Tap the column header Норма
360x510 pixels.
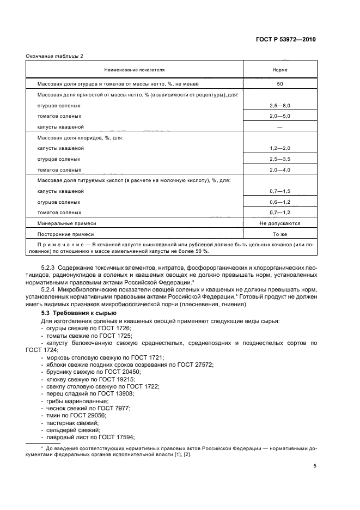pyautogui.click(x=279, y=70)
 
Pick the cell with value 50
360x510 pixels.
pyautogui.click(x=279, y=84)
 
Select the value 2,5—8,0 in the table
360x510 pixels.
pyautogui.click(x=279, y=105)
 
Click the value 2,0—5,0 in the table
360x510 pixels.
pyautogui.click(x=279, y=116)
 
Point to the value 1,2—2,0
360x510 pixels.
pyautogui.click(x=279, y=148)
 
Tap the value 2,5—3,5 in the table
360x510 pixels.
pyautogui.click(x=279, y=159)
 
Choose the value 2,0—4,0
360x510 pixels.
pyautogui.click(x=279, y=169)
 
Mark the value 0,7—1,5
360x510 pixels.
pyautogui.click(x=279, y=191)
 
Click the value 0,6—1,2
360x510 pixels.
pyautogui.click(x=279, y=202)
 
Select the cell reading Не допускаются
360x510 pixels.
pyautogui.click(x=279, y=223)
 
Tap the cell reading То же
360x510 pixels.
pyautogui.click(x=279, y=234)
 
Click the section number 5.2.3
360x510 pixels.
pyautogui.click(x=49, y=268)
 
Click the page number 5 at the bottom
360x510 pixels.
pyautogui.click(x=315, y=465)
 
